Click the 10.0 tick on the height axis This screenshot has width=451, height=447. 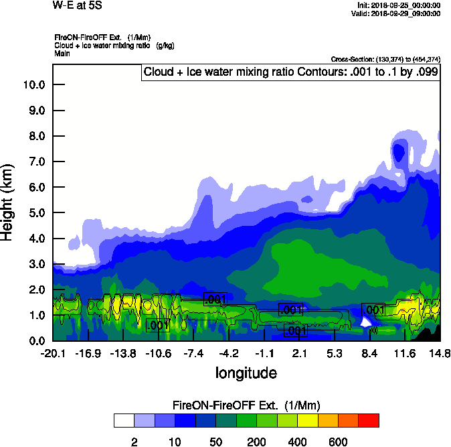pos(34,85)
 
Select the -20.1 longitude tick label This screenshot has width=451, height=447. pos(52,353)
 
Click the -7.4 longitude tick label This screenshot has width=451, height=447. pos(195,353)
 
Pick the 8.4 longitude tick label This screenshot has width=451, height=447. pos(371,353)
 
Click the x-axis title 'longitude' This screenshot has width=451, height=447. pos(246,373)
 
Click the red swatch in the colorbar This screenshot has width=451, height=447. pos(369,421)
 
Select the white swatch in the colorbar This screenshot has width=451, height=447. pos(124,421)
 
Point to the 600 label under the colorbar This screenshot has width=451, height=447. pos(338,442)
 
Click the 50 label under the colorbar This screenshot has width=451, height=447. pos(216,442)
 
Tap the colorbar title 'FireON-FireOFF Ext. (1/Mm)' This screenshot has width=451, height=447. pos(246,405)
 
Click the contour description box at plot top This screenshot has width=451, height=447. pos(291,72)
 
